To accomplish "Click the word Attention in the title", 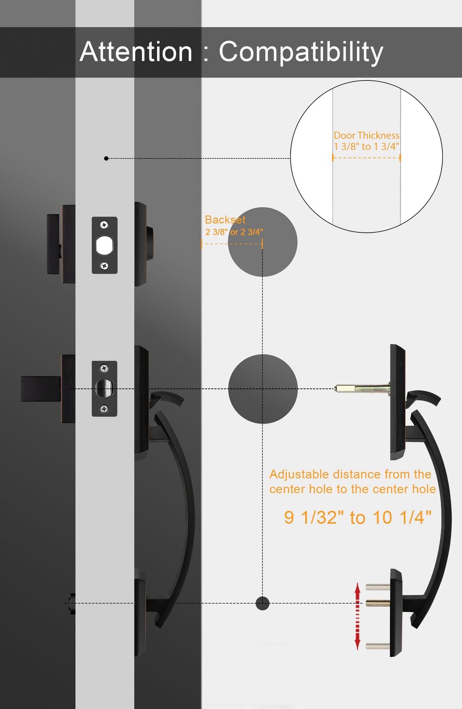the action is (136, 52).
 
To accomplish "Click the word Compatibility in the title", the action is (301, 52).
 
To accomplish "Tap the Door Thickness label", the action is (367, 135).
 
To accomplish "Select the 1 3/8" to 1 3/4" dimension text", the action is (367, 146).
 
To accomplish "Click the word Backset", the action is (225, 220).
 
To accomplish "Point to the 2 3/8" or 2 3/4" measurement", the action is (234, 232).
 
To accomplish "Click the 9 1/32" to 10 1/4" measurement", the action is (358, 517).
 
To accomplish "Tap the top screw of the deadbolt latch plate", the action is (104, 225).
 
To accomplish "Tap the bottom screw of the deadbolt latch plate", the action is (104, 266).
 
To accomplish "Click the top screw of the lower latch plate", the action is (104, 368).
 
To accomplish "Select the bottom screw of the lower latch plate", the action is (104, 409).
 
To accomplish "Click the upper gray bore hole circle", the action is (263, 242).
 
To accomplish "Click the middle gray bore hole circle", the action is (263, 389).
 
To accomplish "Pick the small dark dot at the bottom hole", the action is (263, 603).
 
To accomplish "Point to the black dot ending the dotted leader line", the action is (106, 158).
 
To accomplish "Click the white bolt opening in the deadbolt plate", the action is (104, 245).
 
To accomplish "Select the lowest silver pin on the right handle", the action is (378, 646).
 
